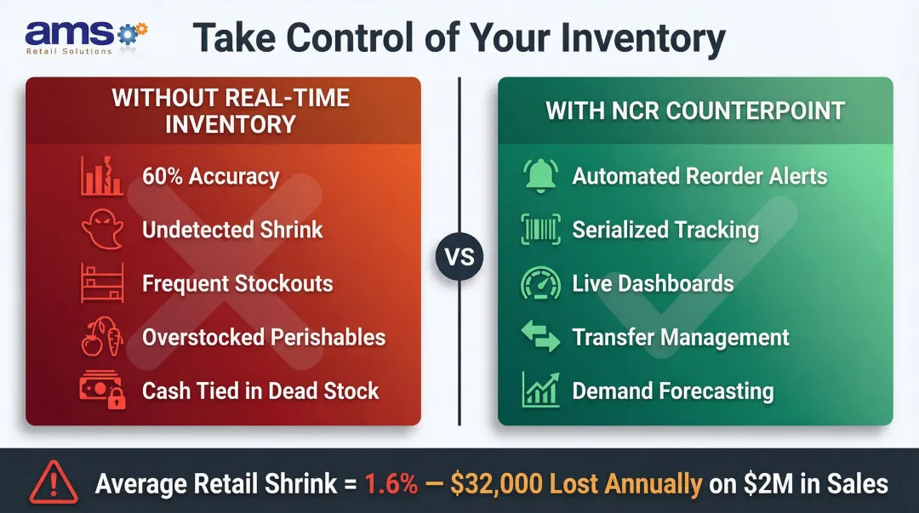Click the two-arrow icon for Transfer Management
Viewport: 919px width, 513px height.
coord(539,338)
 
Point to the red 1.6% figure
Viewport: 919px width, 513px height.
coord(391,484)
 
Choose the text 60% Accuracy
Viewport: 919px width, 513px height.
coord(210,177)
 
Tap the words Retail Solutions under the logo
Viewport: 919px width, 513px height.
coord(69,51)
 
